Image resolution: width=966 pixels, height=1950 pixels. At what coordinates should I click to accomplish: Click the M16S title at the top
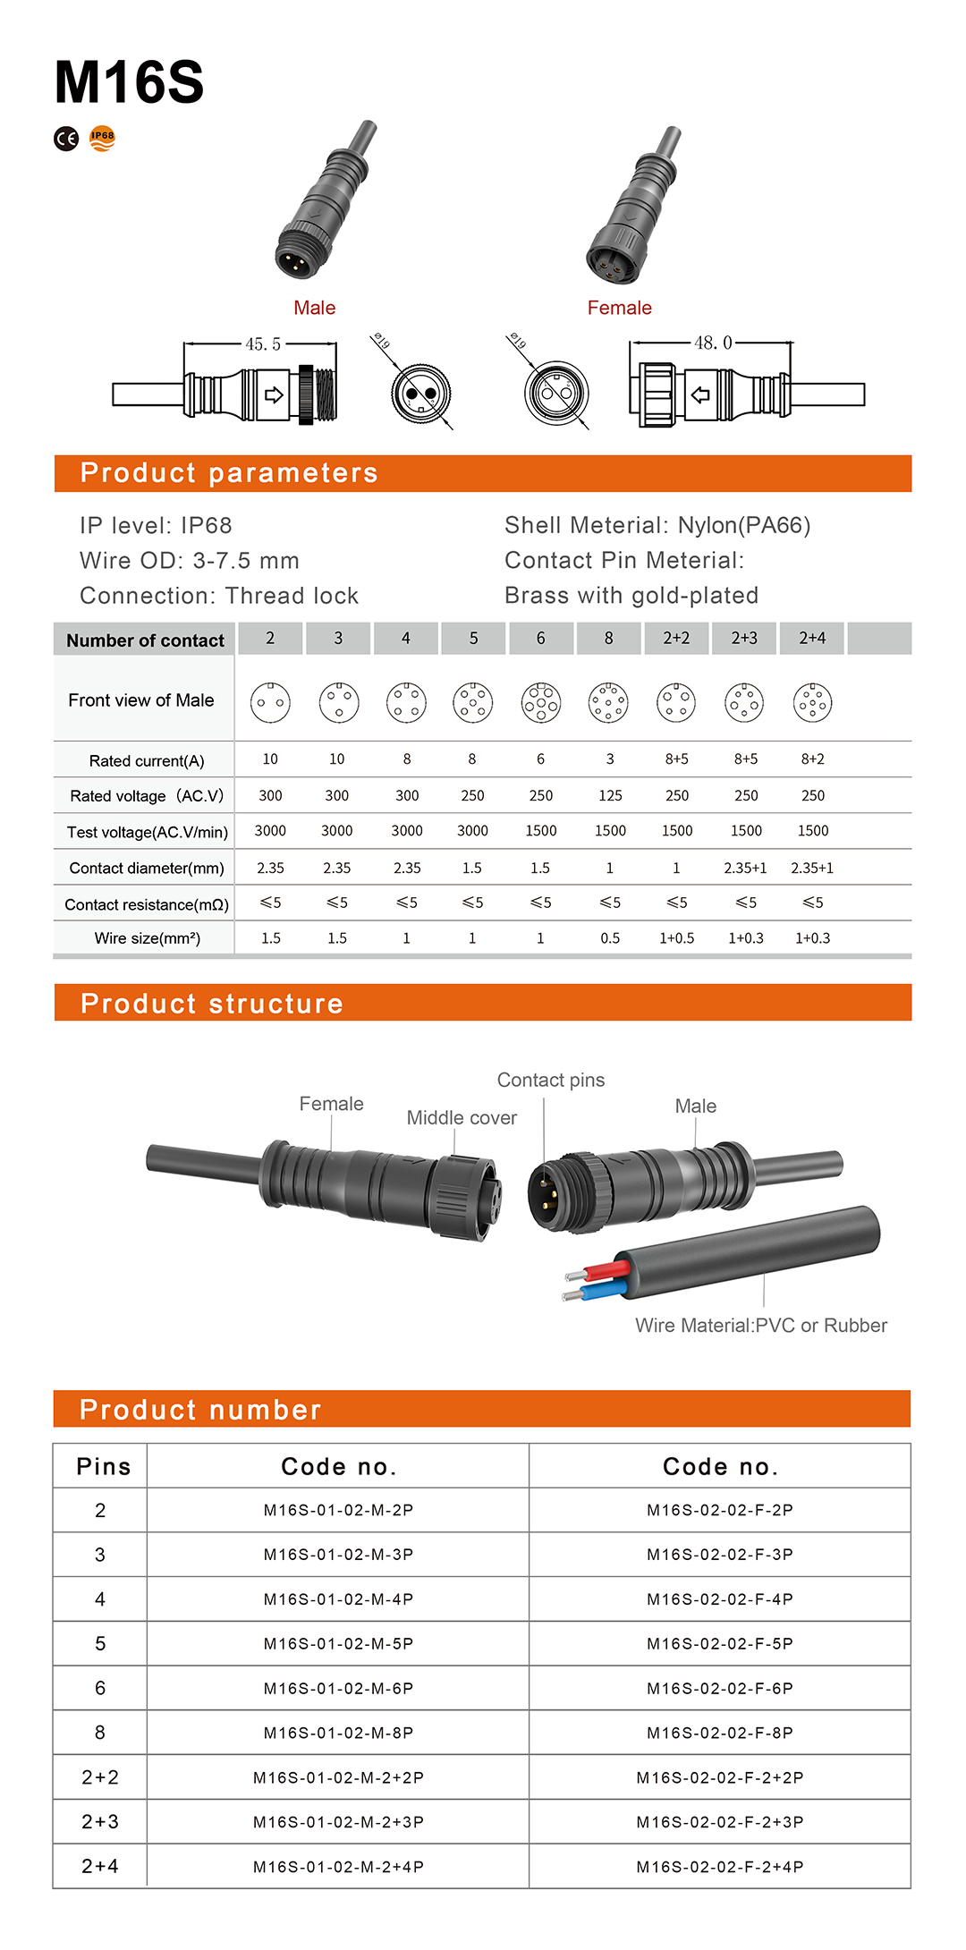(x=129, y=82)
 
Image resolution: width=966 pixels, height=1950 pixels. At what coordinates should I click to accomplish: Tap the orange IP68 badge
(x=103, y=139)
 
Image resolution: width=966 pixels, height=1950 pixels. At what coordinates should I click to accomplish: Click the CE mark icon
(x=66, y=139)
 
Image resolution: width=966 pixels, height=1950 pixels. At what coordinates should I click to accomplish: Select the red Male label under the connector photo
(x=314, y=308)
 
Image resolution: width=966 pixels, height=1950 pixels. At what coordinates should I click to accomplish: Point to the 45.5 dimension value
(x=263, y=344)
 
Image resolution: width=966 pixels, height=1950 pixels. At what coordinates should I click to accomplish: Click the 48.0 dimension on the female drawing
(x=713, y=343)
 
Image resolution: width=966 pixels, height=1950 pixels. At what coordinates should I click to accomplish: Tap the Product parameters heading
(x=229, y=473)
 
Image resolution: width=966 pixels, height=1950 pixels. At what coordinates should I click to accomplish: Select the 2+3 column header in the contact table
(x=744, y=638)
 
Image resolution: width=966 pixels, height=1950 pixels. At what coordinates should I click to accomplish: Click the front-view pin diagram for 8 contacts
(x=608, y=703)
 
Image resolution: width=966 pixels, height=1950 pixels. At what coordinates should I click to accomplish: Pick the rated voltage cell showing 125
(x=610, y=795)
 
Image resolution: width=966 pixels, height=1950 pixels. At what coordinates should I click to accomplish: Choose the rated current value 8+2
(x=812, y=759)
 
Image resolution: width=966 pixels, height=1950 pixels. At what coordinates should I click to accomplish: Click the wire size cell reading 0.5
(x=610, y=938)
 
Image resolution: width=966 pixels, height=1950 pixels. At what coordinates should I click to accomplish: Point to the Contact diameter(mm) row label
(x=147, y=868)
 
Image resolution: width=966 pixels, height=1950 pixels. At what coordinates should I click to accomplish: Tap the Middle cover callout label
(x=462, y=1118)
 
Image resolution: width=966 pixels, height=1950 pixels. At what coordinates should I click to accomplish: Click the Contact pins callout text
(x=551, y=1081)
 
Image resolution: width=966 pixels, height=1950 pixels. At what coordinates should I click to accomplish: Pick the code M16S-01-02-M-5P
(x=338, y=1644)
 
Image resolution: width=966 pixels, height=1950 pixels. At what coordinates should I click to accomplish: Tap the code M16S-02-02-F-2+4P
(x=720, y=1867)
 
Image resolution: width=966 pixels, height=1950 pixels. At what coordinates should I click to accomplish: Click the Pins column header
(x=104, y=1467)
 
